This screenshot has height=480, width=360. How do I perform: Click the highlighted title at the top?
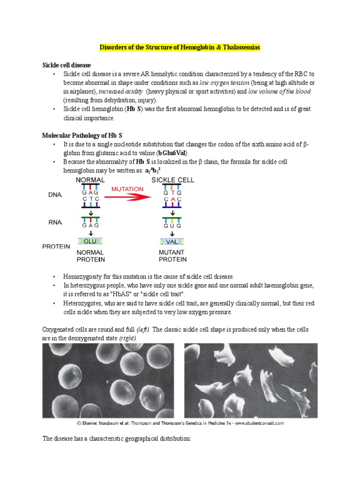[180, 48]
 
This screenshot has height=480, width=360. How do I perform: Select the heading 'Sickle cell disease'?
[67, 65]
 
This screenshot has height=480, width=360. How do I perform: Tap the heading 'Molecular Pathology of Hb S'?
[82, 135]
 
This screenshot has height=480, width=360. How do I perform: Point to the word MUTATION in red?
[127, 189]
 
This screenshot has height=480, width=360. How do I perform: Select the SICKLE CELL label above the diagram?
[172, 180]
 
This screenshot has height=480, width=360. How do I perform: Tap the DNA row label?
[55, 195]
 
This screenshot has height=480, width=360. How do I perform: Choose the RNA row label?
[55, 222]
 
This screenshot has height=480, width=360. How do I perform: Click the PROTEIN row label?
[56, 247]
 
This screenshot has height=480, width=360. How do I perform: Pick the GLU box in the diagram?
[90, 241]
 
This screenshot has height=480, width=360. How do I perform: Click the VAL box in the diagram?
[172, 241]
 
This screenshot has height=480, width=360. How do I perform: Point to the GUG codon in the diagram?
[172, 225]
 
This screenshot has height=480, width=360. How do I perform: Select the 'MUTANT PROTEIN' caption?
[172, 256]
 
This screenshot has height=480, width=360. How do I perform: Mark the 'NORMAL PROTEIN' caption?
[90, 256]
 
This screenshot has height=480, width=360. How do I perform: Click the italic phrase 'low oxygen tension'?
[222, 82]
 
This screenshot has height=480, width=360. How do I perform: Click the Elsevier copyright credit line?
[180, 423]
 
